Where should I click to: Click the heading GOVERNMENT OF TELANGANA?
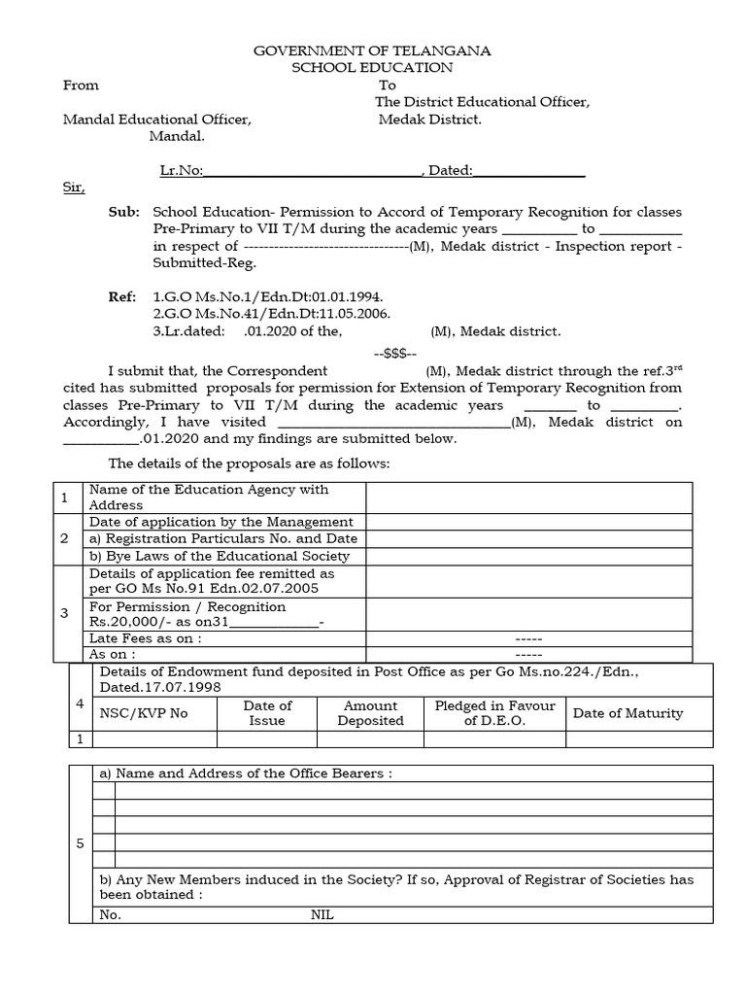(373, 51)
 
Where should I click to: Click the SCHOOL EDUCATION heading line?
(373, 68)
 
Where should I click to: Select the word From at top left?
(81, 86)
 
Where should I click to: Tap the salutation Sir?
(74, 189)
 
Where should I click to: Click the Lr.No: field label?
(181, 171)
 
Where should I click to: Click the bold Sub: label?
(124, 212)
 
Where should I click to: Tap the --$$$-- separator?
(394, 354)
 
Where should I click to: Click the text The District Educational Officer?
(483, 103)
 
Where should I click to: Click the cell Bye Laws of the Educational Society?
(220, 557)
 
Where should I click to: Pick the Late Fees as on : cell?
(146, 638)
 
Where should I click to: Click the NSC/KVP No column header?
(144, 713)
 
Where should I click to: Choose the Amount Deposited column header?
(370, 713)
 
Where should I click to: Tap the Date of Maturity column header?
(627, 713)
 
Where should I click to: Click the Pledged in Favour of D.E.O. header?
(495, 713)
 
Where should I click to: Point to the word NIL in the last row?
(322, 915)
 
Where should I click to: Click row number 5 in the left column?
(81, 843)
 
